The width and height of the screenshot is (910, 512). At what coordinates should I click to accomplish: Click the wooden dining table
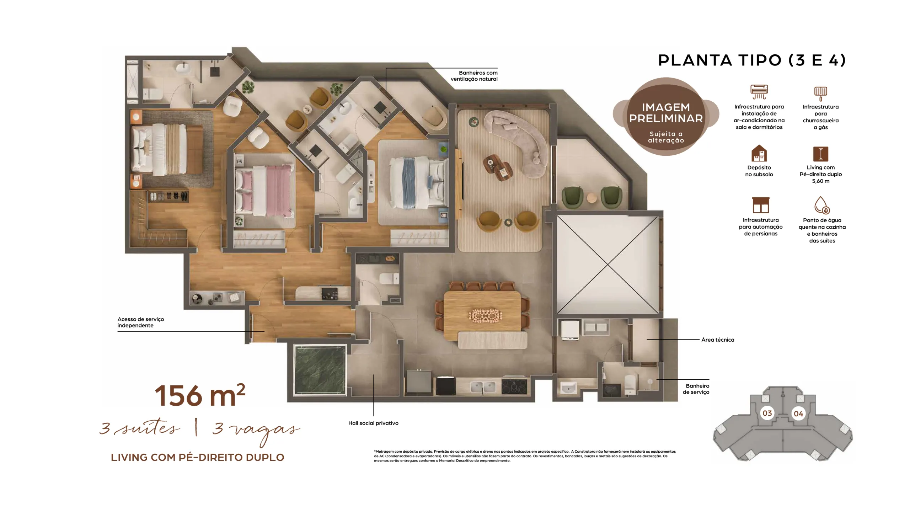pyautogui.click(x=482, y=315)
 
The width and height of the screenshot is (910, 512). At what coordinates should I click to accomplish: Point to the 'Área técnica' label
pyautogui.click(x=717, y=340)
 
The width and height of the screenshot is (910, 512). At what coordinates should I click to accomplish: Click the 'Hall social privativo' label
pyautogui.click(x=373, y=423)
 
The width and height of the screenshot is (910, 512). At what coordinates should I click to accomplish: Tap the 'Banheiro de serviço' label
pyautogui.click(x=696, y=389)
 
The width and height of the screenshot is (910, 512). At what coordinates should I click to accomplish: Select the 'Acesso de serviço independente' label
pyautogui.click(x=141, y=322)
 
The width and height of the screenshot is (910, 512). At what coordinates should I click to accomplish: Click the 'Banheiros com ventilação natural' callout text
pyautogui.click(x=474, y=76)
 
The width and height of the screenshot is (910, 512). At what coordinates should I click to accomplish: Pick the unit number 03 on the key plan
pyautogui.click(x=767, y=413)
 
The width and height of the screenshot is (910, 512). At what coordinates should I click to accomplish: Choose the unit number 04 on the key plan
pyautogui.click(x=798, y=414)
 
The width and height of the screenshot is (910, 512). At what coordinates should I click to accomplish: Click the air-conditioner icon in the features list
pyautogui.click(x=759, y=92)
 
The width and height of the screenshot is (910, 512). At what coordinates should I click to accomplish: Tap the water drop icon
pyautogui.click(x=822, y=205)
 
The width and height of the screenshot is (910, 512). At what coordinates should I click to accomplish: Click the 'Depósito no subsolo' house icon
pyautogui.click(x=759, y=153)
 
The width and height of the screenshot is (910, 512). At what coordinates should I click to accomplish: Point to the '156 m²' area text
pyautogui.click(x=200, y=395)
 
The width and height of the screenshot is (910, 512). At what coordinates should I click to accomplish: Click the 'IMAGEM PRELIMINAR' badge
pyautogui.click(x=666, y=116)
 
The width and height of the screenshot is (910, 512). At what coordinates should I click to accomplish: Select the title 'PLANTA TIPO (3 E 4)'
pyautogui.click(x=752, y=60)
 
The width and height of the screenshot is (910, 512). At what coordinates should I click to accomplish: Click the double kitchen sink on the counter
pyautogui.click(x=483, y=387)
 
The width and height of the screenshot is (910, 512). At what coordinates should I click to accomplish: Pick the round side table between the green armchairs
pyautogui.click(x=591, y=198)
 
